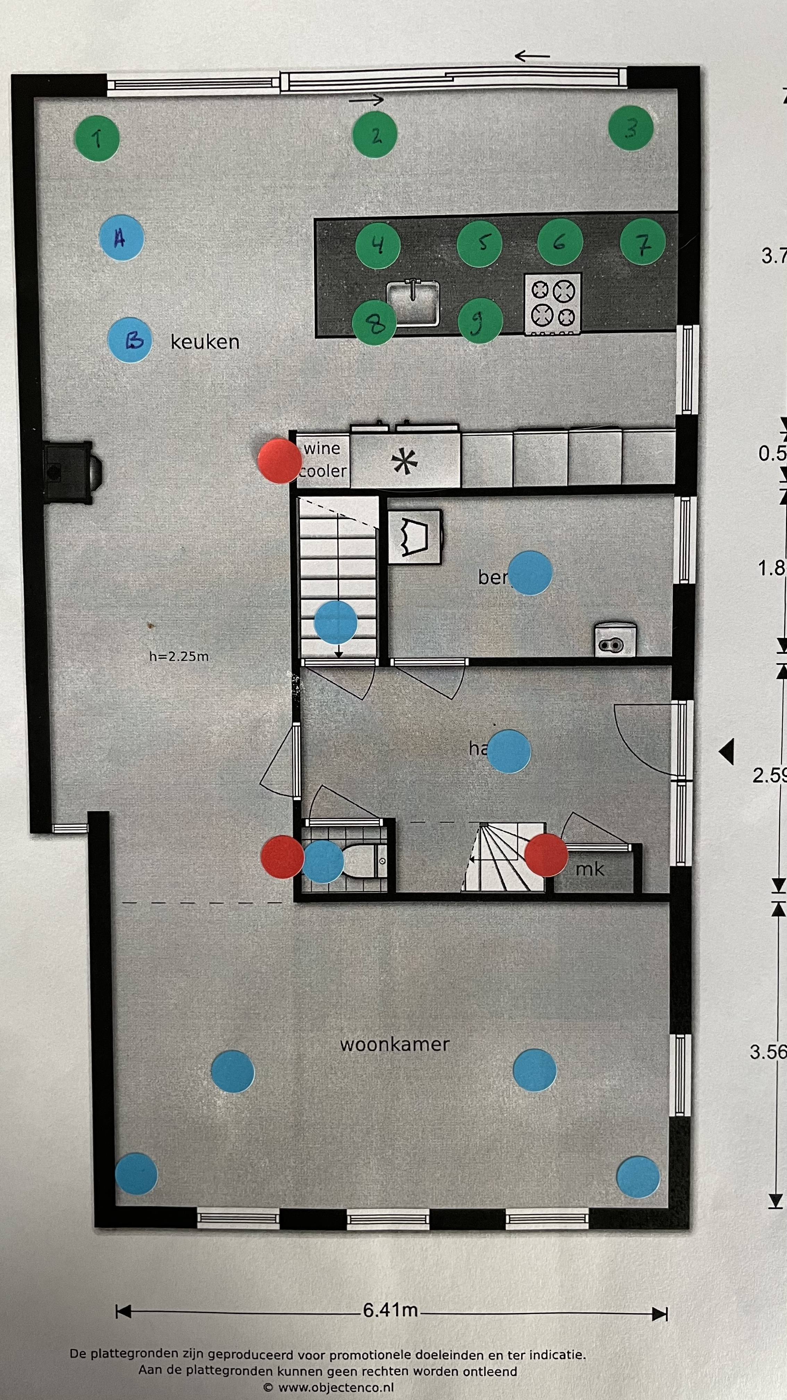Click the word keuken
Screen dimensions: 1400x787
click(x=205, y=342)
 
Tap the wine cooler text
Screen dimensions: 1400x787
click(x=323, y=459)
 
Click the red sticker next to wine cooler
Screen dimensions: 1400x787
click(x=279, y=460)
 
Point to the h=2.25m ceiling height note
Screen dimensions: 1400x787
click(x=179, y=656)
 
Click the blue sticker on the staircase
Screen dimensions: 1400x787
click(x=336, y=623)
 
